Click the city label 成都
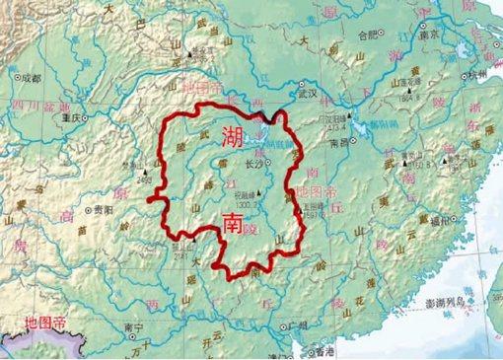click(x=32, y=76)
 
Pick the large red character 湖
click(x=233, y=137)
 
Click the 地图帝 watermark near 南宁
click(x=45, y=323)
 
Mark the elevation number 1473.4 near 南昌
click(x=336, y=126)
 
